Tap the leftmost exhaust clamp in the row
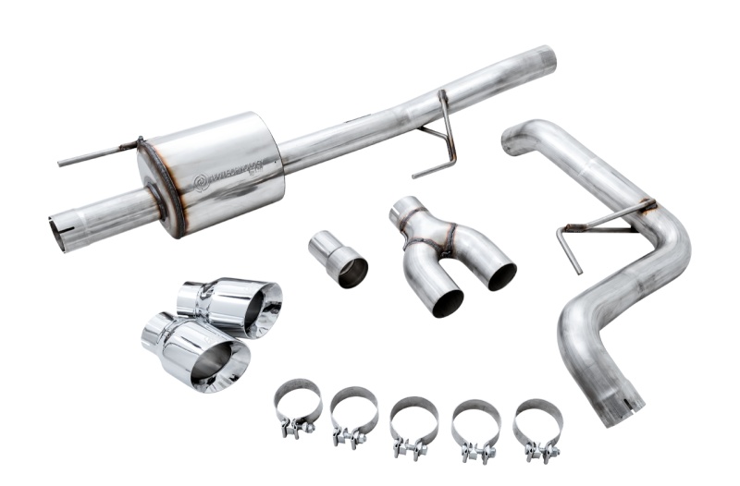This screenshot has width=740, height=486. [x=297, y=406]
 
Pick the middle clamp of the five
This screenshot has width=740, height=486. [x=413, y=424]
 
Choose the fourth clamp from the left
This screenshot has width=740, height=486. [x=475, y=427]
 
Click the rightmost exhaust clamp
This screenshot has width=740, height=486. [x=537, y=427]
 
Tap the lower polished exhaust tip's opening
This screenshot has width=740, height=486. [x=223, y=365]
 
